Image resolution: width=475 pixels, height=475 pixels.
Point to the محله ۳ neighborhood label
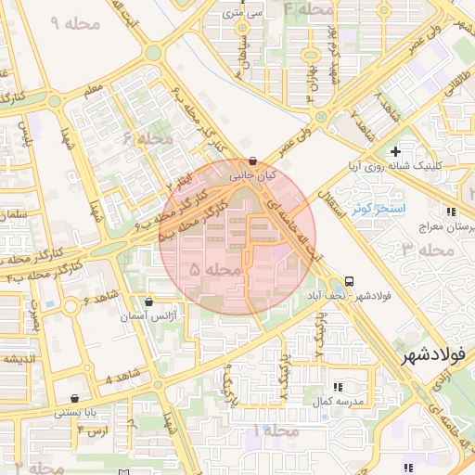421,248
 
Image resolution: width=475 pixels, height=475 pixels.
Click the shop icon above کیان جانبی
253,160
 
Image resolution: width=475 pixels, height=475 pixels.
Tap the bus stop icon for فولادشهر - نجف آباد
349,281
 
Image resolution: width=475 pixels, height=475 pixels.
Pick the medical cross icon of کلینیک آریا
396,151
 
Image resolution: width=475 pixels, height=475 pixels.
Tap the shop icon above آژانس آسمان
149,302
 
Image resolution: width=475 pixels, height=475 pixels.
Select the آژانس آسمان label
149,317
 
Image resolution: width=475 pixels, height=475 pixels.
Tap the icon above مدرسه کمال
337,386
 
